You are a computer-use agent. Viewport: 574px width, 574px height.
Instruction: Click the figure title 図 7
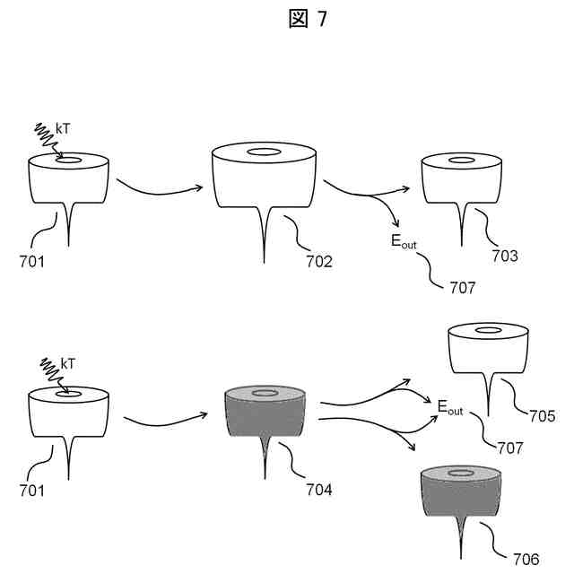coord(309,19)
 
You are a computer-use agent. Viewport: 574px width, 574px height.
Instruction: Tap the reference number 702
coord(318,262)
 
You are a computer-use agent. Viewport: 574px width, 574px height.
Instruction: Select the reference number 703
coord(505,256)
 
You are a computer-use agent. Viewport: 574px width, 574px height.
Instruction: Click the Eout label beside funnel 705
coord(449,407)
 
